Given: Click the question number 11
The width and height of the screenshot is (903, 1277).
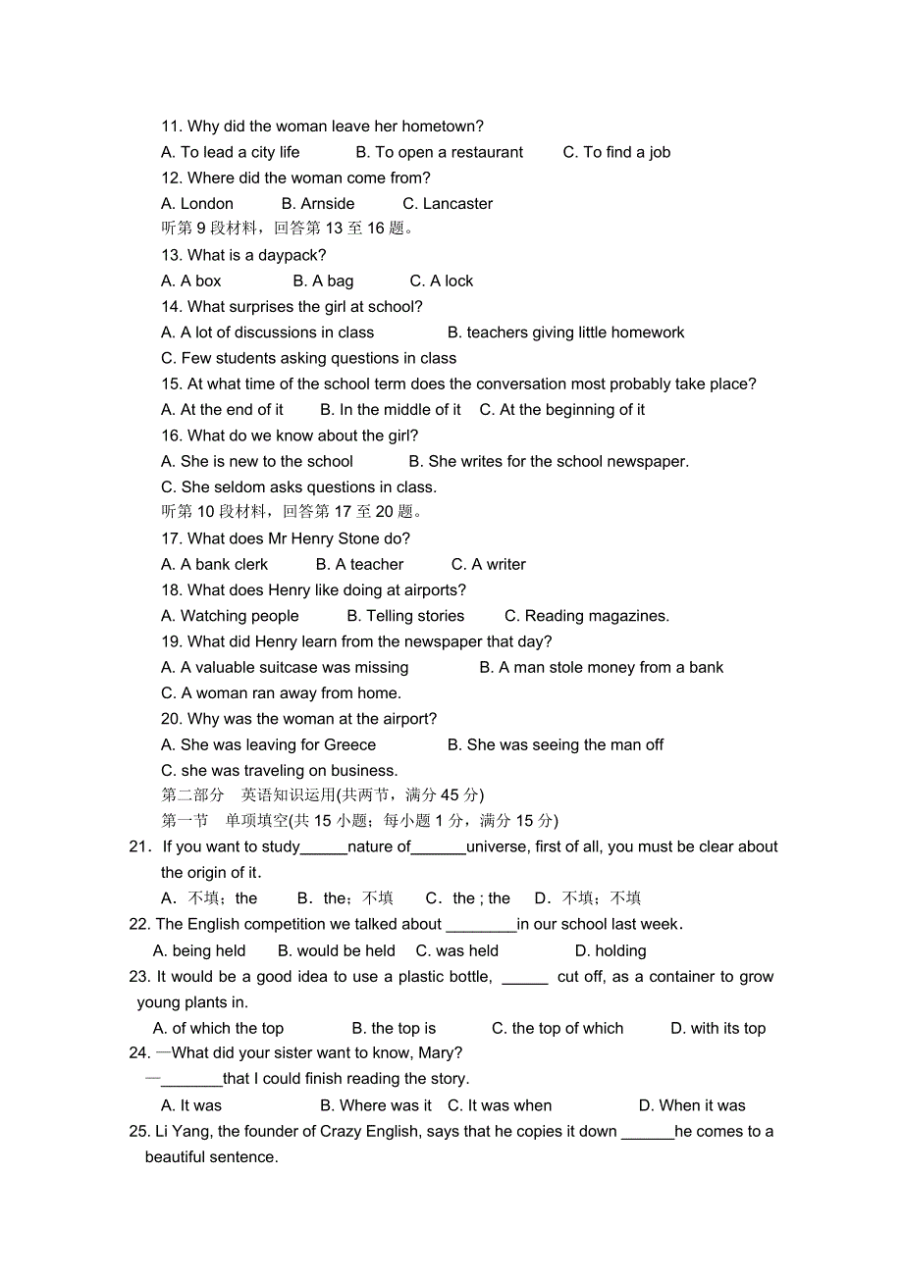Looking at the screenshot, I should click(x=171, y=127).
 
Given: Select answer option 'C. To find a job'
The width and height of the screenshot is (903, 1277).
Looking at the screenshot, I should click(x=616, y=152).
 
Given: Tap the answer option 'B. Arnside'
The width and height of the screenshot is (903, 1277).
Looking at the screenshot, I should click(x=318, y=204).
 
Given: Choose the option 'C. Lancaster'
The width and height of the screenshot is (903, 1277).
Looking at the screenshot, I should click(x=448, y=204).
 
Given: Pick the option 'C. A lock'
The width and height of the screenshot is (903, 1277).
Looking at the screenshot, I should click(x=441, y=281).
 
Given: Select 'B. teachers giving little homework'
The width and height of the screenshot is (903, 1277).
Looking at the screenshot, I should click(x=565, y=332).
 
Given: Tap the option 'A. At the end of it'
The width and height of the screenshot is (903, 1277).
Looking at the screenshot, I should click(x=222, y=410).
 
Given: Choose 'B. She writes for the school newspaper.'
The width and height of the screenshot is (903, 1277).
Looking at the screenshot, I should click(x=549, y=461).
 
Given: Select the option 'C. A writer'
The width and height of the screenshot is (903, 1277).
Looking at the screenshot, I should click(x=488, y=565).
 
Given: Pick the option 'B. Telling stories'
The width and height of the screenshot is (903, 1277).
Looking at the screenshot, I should click(x=405, y=616).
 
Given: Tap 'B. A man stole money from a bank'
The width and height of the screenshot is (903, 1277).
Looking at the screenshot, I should click(x=601, y=668).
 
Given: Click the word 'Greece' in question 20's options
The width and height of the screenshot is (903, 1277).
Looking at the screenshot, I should click(x=349, y=745).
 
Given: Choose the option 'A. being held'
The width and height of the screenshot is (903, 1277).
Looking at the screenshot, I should click(x=199, y=951).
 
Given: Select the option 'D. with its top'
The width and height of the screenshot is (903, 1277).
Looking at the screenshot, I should click(x=717, y=1029).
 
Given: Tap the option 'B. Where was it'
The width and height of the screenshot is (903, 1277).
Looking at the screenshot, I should click(x=376, y=1105).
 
